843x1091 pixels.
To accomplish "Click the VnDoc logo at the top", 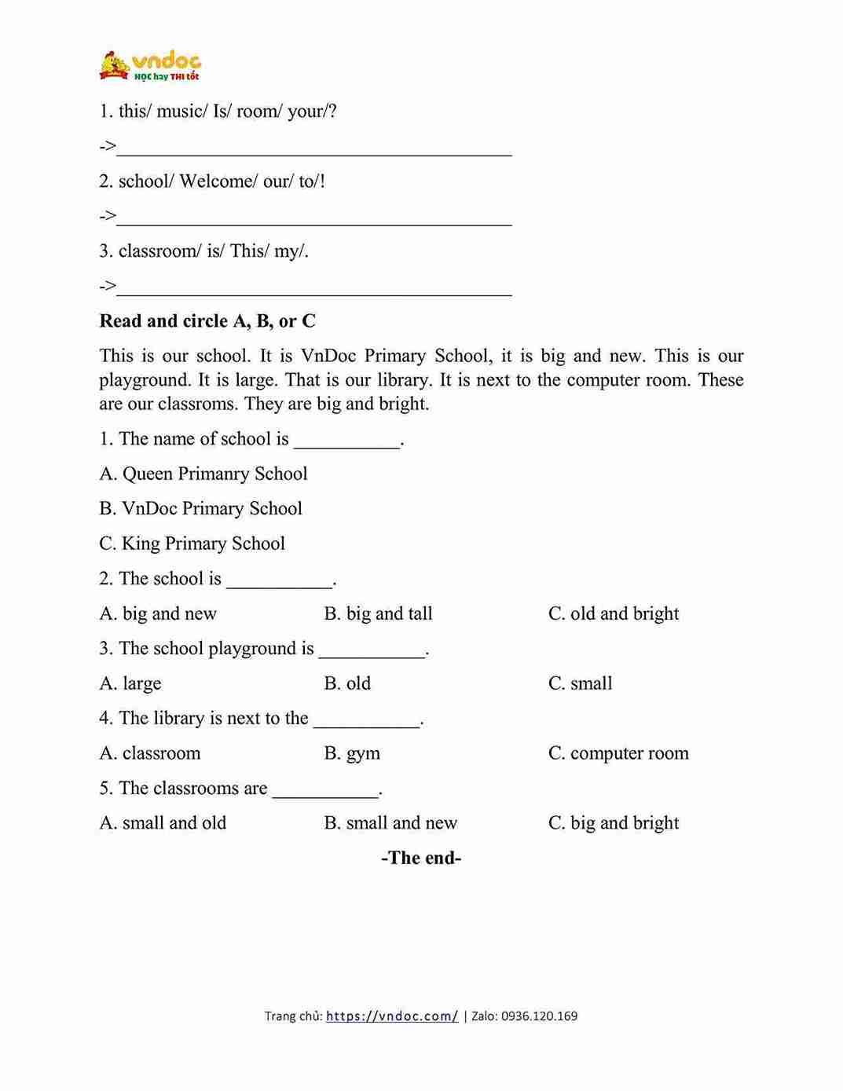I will (x=149, y=66).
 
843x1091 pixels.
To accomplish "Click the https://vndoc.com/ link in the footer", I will (x=391, y=1016).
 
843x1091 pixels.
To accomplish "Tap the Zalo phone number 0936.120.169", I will (x=539, y=1016).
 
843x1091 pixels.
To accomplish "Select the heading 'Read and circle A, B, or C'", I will (x=207, y=320).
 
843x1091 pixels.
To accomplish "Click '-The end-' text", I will (x=421, y=858).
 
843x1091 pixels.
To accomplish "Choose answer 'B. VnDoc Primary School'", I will (x=200, y=508).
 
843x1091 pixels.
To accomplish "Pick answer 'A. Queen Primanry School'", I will (x=203, y=474).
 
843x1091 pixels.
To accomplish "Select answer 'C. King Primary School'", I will (x=192, y=544).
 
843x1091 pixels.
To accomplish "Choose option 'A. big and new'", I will (x=158, y=613).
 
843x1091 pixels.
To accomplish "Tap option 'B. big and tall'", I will (x=378, y=613).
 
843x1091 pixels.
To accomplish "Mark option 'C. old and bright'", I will (x=613, y=613).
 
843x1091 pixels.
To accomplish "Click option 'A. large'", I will (x=130, y=683).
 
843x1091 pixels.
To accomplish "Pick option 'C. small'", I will (x=580, y=683).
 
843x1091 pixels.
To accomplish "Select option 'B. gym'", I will (x=352, y=753).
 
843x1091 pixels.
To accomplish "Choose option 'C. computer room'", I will (x=618, y=753).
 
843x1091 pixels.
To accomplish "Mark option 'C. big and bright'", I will (x=613, y=823).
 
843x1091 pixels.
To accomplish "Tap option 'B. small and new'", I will (x=390, y=823).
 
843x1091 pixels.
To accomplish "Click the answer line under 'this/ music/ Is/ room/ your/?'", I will (x=314, y=149).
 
